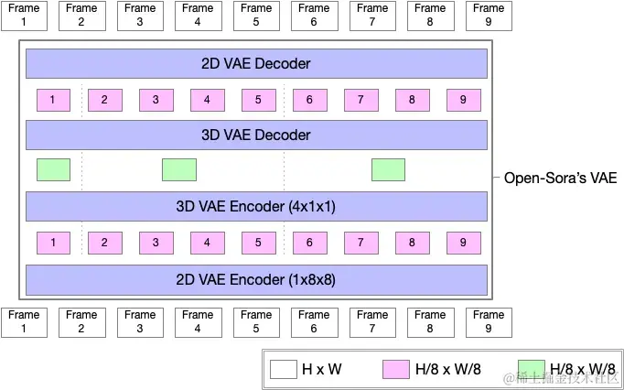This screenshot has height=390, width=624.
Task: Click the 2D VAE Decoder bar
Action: (x=256, y=64)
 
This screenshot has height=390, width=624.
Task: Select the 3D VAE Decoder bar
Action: (x=256, y=135)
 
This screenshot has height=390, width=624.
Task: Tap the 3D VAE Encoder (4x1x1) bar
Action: (x=256, y=207)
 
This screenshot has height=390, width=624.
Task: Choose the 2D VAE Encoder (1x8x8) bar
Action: (x=256, y=278)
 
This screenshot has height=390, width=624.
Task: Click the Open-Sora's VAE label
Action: (x=561, y=178)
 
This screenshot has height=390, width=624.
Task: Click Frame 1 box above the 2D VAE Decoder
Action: (x=24, y=16)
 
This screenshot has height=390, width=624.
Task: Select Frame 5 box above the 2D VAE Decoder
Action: (x=256, y=16)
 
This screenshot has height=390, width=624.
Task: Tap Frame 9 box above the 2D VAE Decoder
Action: (x=489, y=16)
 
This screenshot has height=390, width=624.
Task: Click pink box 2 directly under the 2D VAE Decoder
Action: (x=105, y=100)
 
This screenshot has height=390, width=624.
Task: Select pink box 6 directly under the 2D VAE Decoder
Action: (x=310, y=100)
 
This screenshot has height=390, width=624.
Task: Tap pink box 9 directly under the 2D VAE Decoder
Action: (x=464, y=100)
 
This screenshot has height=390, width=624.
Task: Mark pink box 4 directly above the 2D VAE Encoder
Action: (x=208, y=243)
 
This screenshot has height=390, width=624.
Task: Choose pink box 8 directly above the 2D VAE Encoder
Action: (x=413, y=243)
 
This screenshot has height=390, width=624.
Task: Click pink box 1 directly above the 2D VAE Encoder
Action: (x=54, y=243)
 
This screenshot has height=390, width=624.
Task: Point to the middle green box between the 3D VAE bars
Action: (x=179, y=170)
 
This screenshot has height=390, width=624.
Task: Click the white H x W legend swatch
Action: (x=284, y=370)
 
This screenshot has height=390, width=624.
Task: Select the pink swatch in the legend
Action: (x=396, y=370)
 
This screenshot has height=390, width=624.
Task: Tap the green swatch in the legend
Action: (x=531, y=370)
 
